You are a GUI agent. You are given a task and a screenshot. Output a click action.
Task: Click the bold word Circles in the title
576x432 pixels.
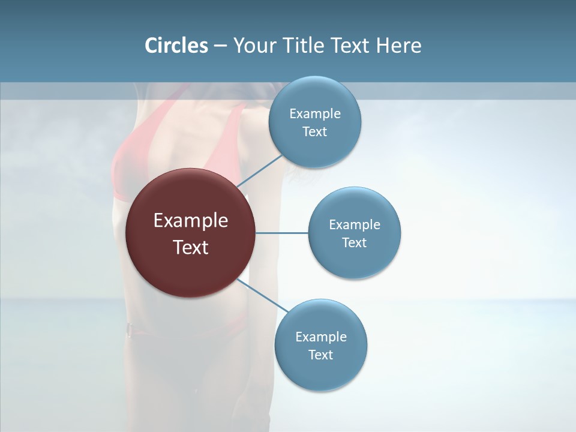(176, 46)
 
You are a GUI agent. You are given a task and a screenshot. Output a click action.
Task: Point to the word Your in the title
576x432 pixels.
(252, 46)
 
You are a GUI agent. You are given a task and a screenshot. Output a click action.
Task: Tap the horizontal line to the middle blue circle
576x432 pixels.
(282, 233)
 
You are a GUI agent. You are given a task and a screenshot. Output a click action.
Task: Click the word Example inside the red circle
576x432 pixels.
(191, 221)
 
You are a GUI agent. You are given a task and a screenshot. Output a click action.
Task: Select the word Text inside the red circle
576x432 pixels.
(191, 247)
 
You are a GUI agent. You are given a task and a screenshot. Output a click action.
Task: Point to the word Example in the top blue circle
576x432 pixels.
(315, 114)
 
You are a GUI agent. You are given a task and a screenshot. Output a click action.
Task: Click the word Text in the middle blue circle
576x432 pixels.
(355, 243)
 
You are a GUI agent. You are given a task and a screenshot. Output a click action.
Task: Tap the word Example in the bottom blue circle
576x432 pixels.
(321, 337)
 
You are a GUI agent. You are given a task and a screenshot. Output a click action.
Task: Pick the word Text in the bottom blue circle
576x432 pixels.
(321, 355)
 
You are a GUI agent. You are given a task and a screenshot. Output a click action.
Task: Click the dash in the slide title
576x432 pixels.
(220, 46)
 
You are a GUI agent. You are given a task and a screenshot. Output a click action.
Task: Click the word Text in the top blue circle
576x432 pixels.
(315, 132)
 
